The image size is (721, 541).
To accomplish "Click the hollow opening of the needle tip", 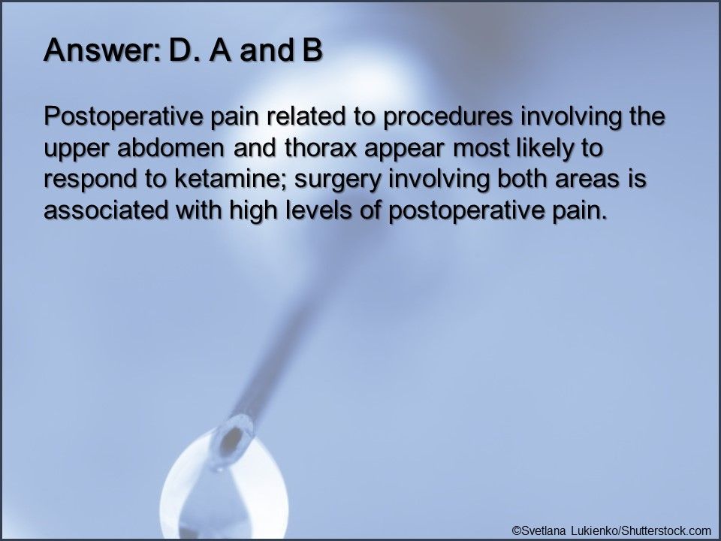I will click(240, 432).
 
